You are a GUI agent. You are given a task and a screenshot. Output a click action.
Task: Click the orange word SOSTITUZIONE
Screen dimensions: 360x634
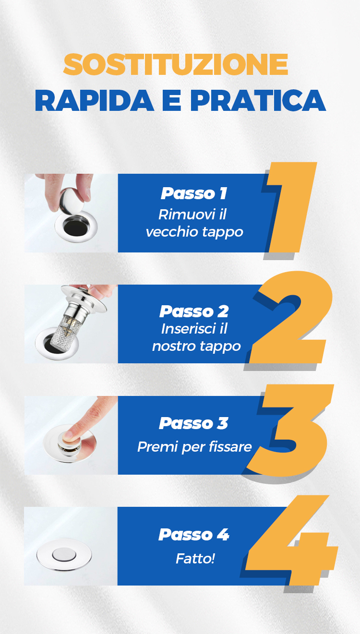(176, 64)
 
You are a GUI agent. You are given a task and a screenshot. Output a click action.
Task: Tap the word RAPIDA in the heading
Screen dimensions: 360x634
(95, 100)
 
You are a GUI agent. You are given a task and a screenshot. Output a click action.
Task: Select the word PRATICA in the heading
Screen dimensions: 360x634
(258, 100)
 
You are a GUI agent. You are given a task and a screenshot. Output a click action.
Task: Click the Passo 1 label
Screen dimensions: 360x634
(194, 193)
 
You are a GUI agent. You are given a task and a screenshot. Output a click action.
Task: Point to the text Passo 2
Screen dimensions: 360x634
(194, 311)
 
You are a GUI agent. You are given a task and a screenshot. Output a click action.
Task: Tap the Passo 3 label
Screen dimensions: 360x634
(193, 423)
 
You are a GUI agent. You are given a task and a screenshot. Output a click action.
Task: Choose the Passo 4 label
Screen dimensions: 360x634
(194, 535)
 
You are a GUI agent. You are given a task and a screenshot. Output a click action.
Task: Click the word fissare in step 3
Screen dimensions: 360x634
(230, 447)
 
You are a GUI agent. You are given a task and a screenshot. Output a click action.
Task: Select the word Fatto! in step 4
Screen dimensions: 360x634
(195, 559)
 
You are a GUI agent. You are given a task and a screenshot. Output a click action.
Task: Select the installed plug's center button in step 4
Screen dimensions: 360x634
(64, 555)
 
